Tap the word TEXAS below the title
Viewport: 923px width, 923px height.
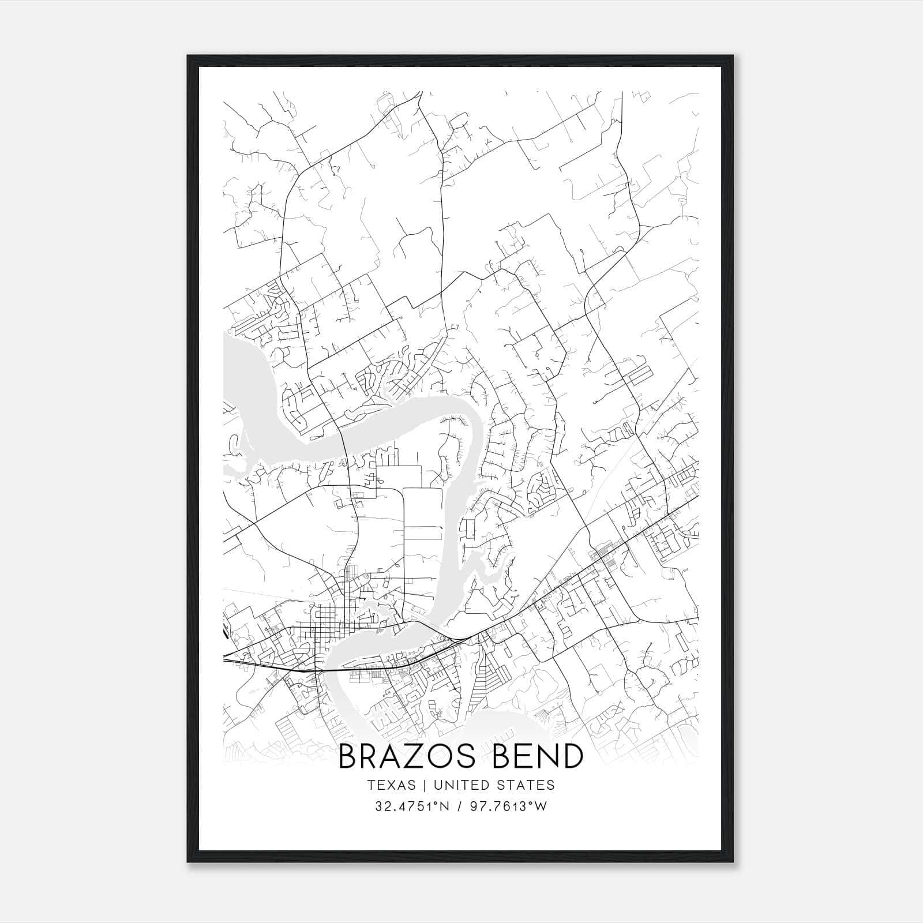[391, 785]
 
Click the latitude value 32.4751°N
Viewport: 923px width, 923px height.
[412, 806]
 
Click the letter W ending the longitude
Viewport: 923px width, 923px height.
[541, 806]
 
